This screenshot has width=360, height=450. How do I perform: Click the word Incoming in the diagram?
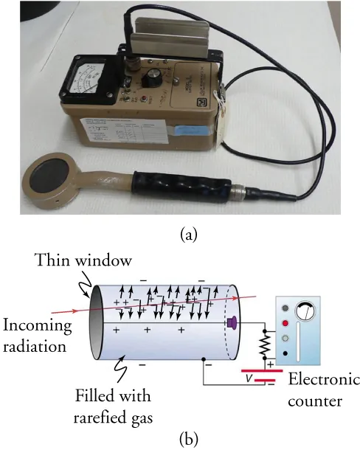[37, 325]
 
